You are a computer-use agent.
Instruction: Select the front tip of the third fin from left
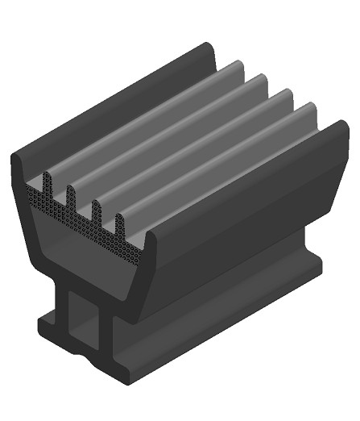[96, 204]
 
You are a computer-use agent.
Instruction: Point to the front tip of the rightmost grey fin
[120, 219]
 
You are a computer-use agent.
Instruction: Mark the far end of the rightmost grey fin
[308, 106]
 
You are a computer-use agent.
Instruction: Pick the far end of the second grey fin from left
[259, 78]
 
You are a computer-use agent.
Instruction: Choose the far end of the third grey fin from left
[283, 93]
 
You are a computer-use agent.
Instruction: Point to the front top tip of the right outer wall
[148, 235]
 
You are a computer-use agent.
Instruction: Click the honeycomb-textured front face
[81, 222]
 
